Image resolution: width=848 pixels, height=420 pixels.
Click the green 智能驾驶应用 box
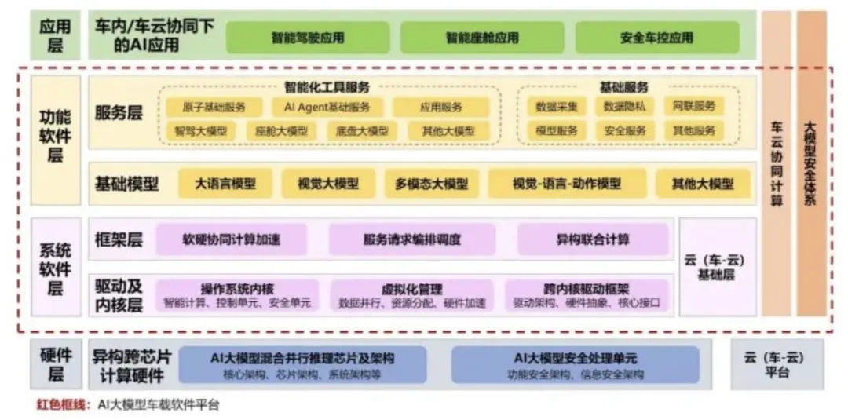point(308,38)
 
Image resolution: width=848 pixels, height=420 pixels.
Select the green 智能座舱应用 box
point(482,38)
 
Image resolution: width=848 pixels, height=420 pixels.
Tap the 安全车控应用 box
point(656,38)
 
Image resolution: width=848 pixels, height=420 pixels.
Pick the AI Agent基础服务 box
point(323,107)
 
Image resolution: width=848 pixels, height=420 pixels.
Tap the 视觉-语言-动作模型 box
point(567,184)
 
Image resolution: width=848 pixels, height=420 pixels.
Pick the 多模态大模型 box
point(431,184)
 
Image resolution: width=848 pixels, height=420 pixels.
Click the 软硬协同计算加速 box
point(231,239)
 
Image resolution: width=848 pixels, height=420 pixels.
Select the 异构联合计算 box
point(593,239)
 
